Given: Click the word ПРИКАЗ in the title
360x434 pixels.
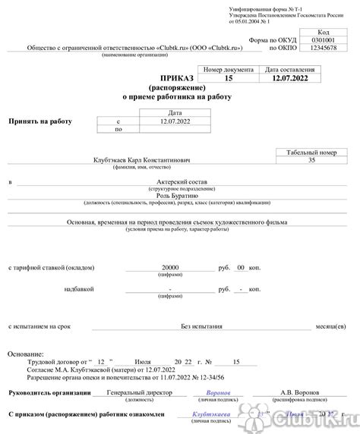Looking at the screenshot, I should [177, 79].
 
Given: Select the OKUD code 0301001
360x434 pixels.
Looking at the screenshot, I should [323, 40].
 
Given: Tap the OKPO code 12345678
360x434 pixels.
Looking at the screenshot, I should [323, 49].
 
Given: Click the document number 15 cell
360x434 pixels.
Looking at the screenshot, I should [229, 79].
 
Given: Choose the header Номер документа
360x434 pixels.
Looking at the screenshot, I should [229, 70].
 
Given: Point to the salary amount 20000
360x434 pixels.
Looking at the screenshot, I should [170, 268].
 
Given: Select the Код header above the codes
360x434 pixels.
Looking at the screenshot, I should [323, 33].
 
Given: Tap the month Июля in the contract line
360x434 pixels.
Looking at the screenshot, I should [142, 363].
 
